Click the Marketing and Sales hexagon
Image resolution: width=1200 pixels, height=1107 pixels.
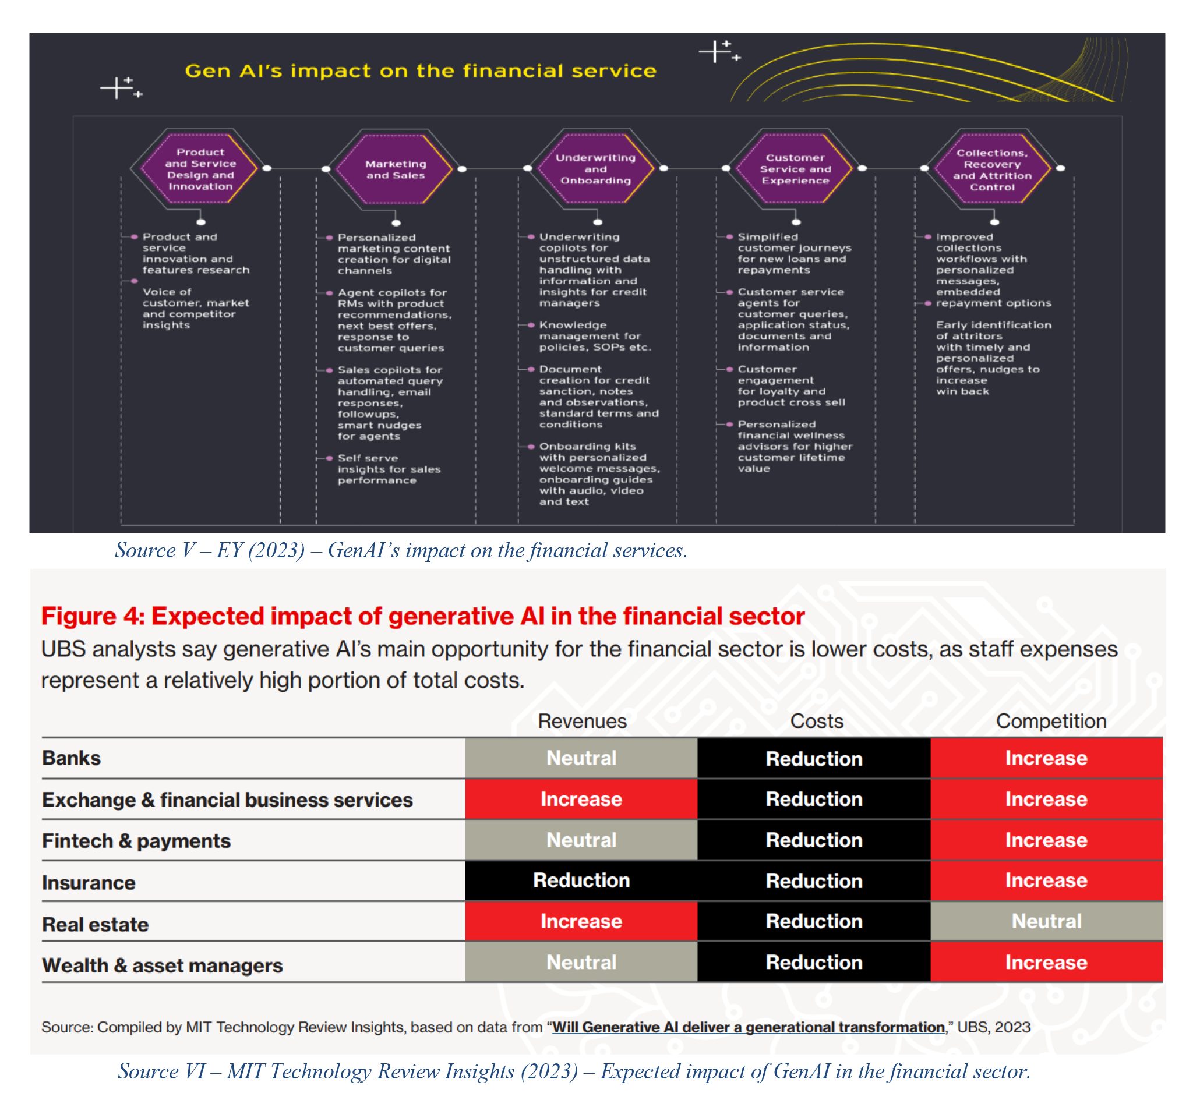tap(396, 169)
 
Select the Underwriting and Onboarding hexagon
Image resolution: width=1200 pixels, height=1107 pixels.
tap(595, 169)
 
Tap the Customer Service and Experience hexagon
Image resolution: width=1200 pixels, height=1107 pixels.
tap(795, 169)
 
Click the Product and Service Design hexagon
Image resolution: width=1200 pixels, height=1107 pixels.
tap(200, 169)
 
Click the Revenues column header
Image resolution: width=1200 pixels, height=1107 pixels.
tap(582, 721)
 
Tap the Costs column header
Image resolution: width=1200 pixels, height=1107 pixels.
tap(817, 721)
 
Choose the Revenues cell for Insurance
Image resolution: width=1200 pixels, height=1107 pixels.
tap(581, 880)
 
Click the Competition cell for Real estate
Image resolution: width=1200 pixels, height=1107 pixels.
tap(1046, 921)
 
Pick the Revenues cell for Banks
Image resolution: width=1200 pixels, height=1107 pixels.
tap(581, 758)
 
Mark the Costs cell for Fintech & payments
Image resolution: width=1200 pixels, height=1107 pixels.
tap(814, 840)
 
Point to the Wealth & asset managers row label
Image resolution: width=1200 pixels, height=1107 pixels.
tap(163, 965)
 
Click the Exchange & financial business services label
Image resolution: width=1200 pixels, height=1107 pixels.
tap(227, 800)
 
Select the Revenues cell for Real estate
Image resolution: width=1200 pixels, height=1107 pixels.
tap(581, 921)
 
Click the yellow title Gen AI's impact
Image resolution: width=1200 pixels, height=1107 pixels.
tap(421, 70)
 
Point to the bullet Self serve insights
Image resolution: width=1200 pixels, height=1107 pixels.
tap(389, 469)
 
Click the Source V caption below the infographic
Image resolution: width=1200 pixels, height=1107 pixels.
tap(401, 550)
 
